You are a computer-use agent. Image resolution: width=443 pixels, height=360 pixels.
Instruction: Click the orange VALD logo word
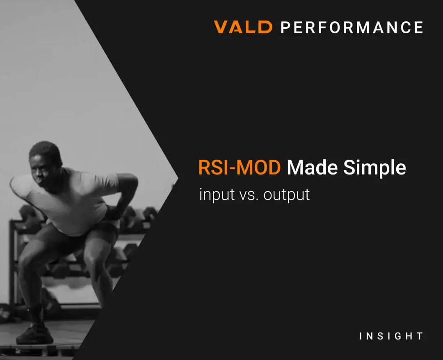click(243, 27)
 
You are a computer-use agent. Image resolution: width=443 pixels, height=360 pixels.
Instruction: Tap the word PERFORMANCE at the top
click(352, 28)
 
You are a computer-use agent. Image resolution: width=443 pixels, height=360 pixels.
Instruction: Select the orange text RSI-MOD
click(239, 167)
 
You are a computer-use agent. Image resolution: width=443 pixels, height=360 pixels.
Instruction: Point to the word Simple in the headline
click(374, 168)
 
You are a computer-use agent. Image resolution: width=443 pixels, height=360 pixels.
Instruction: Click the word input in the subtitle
click(217, 195)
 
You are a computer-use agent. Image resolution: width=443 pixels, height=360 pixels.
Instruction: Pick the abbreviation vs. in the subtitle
click(249, 195)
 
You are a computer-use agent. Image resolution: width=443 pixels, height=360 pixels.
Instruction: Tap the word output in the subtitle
click(286, 195)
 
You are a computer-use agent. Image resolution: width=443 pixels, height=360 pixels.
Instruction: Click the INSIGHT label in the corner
click(391, 336)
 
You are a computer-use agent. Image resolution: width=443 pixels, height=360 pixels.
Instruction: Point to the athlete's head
click(45, 164)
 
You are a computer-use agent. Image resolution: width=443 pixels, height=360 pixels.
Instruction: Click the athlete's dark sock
click(36, 314)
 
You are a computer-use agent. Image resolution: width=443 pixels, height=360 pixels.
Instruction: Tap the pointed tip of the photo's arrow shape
click(178, 179)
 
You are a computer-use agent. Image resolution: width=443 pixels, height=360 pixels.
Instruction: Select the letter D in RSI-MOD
click(273, 168)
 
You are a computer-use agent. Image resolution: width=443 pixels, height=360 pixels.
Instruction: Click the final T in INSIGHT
click(420, 336)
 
